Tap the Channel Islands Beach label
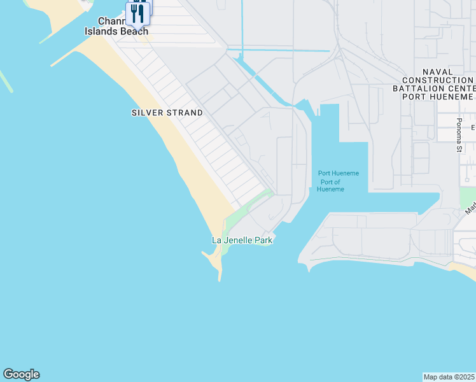tap(117, 31)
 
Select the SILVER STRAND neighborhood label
tap(167, 113)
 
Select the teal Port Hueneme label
tap(339, 173)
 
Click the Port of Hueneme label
tap(330, 185)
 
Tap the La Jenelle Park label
tap(242, 240)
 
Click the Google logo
tap(21, 374)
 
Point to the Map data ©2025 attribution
tap(449, 377)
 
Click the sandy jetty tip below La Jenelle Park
tap(219, 274)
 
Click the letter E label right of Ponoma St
tap(473, 128)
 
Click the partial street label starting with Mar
tap(470, 208)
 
